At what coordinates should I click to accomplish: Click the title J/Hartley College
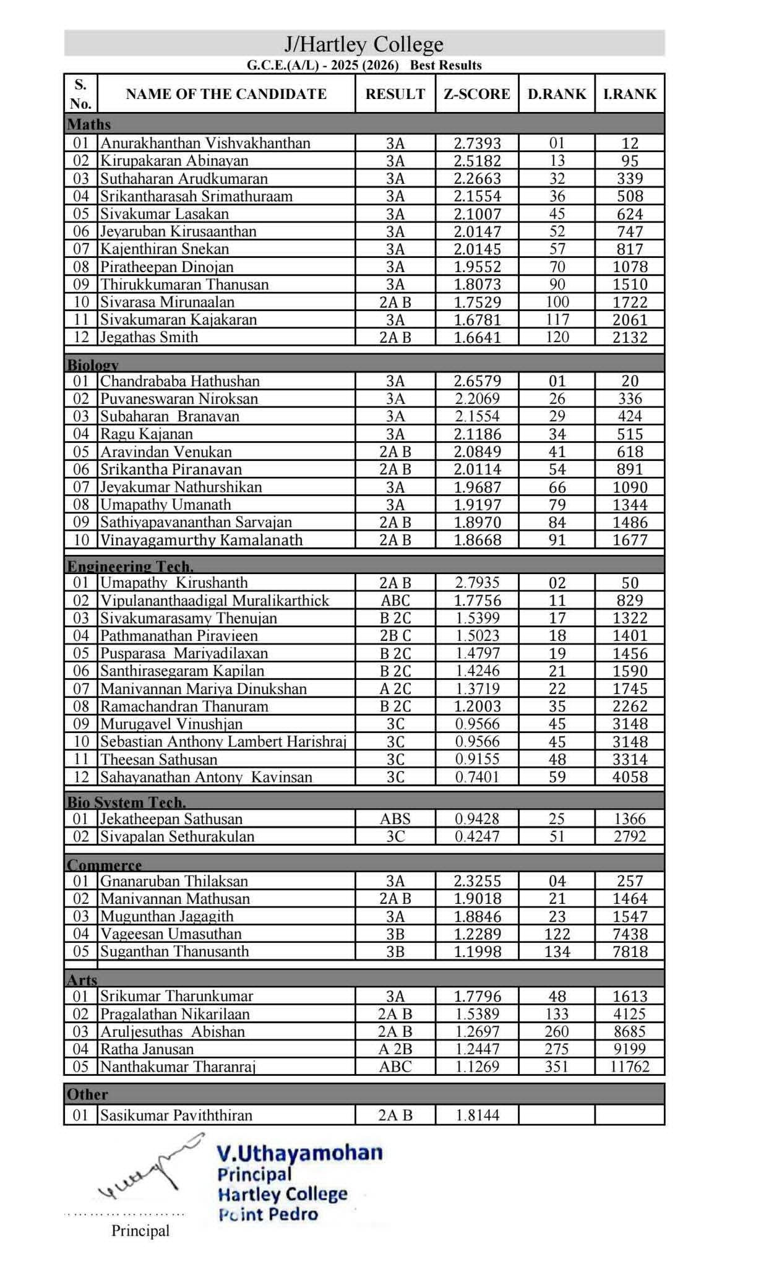tap(364, 44)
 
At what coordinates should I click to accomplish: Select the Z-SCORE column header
tap(476, 94)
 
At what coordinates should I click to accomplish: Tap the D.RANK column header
tap(556, 94)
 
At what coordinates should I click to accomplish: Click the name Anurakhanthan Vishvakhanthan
tap(205, 143)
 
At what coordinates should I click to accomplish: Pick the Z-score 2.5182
tap(476, 161)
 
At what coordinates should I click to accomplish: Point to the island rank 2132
tap(629, 337)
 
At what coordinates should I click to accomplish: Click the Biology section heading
tap(93, 364)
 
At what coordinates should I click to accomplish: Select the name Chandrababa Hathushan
tap(180, 381)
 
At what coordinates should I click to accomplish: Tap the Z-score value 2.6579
tap(476, 381)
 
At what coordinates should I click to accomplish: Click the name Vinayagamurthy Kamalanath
tap(202, 540)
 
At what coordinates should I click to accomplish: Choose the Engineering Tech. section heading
tap(130, 566)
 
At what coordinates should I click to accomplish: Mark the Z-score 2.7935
tap(476, 583)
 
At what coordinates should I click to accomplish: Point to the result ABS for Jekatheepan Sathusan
tap(395, 819)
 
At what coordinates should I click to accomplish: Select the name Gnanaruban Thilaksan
tap(174, 881)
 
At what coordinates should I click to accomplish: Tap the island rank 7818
tap(629, 951)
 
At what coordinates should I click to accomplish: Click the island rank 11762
tap(629, 1067)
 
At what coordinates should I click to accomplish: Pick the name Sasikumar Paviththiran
tap(176, 1115)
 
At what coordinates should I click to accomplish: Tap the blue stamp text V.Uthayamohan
tap(299, 1153)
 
